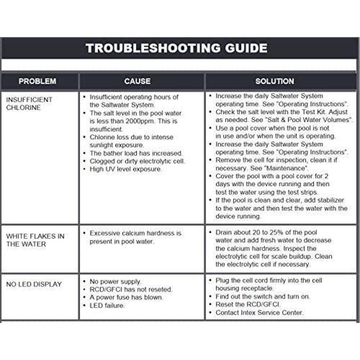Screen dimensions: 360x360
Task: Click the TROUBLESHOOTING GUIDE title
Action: pyautogui.click(x=176, y=48)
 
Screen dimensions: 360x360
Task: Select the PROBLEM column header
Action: pyautogui.click(x=37, y=81)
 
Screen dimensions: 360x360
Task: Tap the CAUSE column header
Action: pyautogui.click(x=137, y=81)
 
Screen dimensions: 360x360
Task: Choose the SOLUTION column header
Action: pyautogui.click(x=274, y=81)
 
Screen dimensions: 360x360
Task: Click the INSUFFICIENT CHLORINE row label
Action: pyautogui.click(x=29, y=104)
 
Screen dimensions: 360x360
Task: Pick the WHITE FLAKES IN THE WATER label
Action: pyautogui.click(x=35, y=240)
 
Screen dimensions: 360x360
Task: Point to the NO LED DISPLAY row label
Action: pyautogui.click(x=34, y=284)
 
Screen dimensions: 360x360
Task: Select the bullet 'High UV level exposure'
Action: pyautogui.click(x=126, y=169)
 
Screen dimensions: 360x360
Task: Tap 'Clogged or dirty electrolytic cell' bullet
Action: pyautogui.click(x=137, y=161)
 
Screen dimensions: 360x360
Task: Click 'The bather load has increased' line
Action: pyautogui.click(x=136, y=153)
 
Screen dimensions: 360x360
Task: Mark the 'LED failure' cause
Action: pyautogui.click(x=107, y=306)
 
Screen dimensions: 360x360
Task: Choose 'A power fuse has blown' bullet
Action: pyautogui.click(x=126, y=298)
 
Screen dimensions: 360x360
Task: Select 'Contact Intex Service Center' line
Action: pyautogui.click(x=259, y=313)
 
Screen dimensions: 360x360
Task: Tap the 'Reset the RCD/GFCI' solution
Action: pyautogui.click(x=248, y=305)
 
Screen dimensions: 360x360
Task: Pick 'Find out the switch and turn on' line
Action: pyautogui.click(x=262, y=297)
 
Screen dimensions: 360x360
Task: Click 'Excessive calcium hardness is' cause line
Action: pyautogui.click(x=135, y=233)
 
